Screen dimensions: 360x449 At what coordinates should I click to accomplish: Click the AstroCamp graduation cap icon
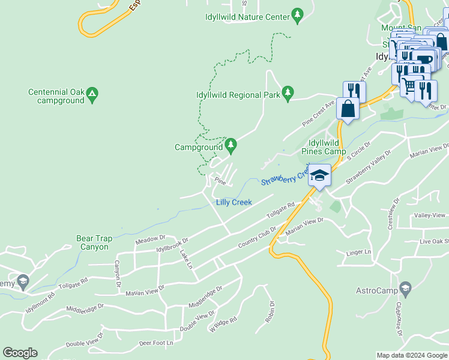406,289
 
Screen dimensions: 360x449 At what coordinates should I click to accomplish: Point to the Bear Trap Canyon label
93,242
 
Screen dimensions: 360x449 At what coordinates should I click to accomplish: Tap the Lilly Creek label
234,202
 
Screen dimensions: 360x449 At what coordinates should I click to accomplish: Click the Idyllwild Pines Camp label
324,147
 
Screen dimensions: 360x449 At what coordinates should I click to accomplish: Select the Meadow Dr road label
150,240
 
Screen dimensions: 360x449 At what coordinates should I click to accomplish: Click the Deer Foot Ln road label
155,343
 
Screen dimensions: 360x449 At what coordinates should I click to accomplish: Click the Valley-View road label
431,215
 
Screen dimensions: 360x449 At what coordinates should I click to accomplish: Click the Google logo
20,353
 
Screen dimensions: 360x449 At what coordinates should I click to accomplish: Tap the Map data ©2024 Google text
411,355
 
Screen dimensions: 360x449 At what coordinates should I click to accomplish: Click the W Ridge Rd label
223,324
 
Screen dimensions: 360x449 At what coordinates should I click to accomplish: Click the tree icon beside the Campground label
231,145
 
